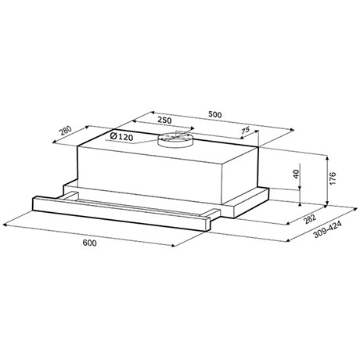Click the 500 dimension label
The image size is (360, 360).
(215, 114)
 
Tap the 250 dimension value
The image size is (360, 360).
(165, 121)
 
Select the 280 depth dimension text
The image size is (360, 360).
(65, 130)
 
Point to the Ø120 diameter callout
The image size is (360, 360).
(121, 136)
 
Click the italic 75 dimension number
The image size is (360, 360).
(245, 130)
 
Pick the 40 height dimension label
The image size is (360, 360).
(296, 174)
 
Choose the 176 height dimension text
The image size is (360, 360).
(333, 178)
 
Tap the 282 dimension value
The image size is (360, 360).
(310, 219)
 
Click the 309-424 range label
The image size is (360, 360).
(327, 230)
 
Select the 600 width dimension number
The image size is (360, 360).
(89, 243)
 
